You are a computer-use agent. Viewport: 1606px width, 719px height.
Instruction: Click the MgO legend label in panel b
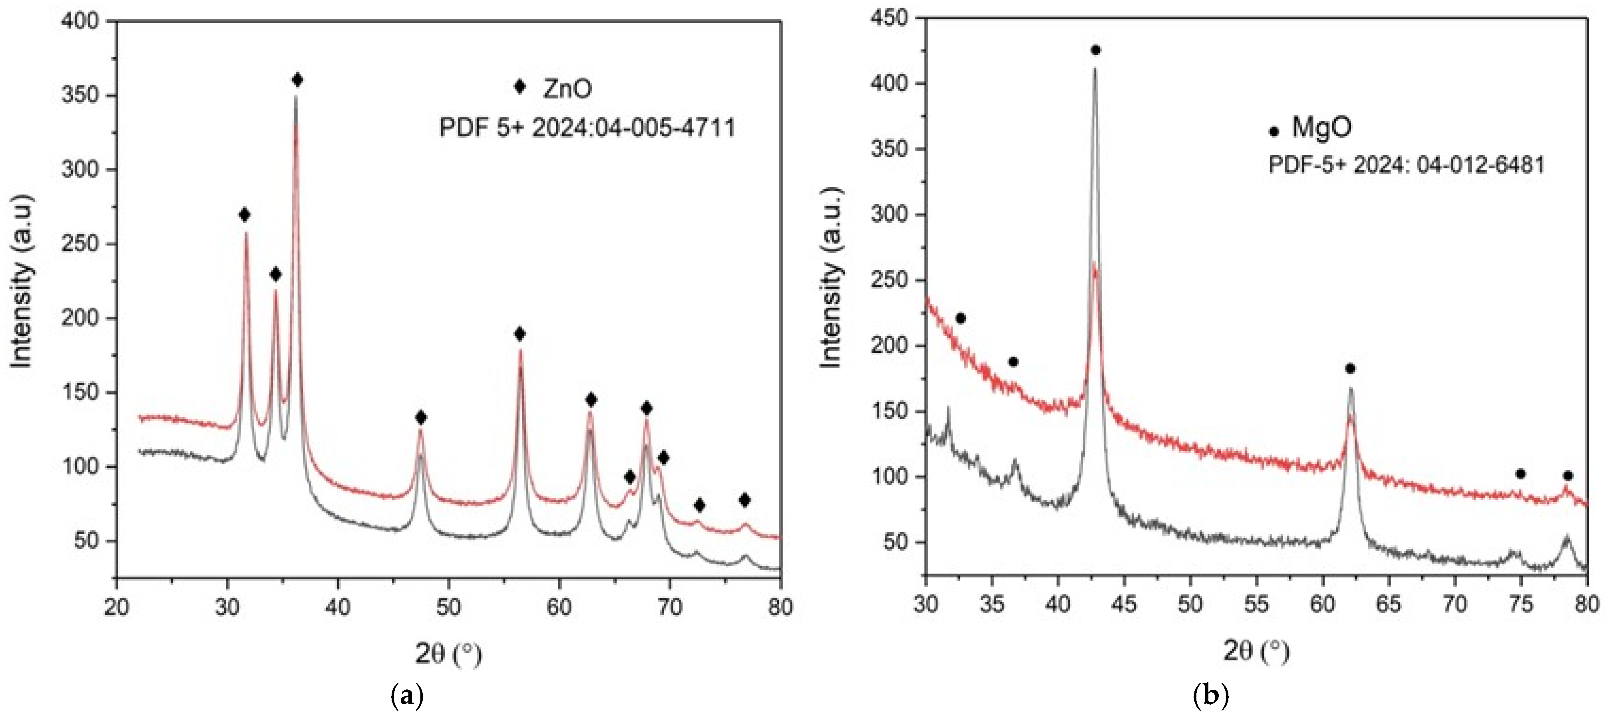(1322, 127)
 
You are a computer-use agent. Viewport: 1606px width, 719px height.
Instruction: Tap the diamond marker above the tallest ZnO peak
(297, 80)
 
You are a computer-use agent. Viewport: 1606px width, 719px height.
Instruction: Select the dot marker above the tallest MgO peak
(1095, 50)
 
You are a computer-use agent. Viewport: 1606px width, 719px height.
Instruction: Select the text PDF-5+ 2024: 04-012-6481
(1407, 165)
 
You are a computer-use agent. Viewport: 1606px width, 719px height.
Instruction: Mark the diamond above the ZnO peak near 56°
(520, 334)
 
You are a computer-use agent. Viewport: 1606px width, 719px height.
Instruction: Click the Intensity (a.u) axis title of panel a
(22, 280)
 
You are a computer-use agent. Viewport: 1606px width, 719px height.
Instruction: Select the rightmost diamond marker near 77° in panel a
(744, 500)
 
